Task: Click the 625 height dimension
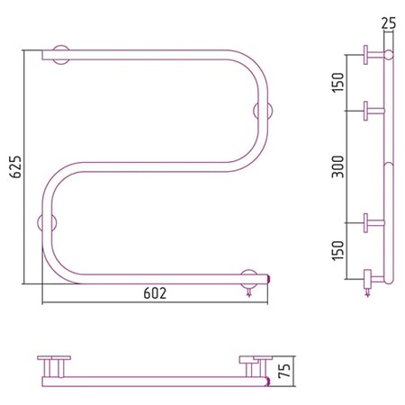click(15, 167)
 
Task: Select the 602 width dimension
click(155, 293)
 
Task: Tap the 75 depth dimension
click(284, 371)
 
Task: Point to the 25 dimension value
click(389, 23)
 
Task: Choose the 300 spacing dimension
click(338, 166)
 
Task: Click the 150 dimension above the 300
click(338, 83)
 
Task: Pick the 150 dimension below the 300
click(338, 251)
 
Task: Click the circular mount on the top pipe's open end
click(61, 55)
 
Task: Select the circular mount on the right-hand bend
click(263, 111)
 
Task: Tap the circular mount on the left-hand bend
click(47, 223)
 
